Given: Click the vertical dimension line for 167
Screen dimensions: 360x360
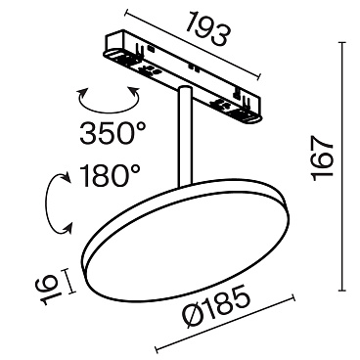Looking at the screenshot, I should tap(343, 166).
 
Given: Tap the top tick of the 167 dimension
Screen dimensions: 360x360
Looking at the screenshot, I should tap(343, 42).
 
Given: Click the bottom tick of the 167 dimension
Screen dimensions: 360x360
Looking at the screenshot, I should tap(343, 291).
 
